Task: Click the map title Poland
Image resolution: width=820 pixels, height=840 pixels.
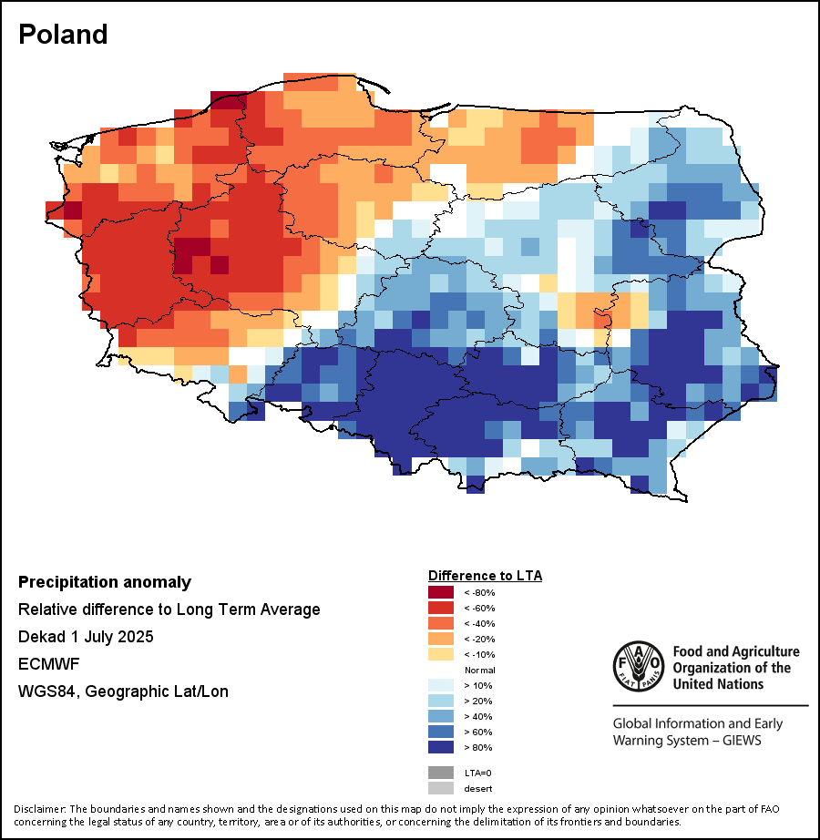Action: point(63,35)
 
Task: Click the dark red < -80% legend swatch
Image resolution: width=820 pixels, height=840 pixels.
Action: point(441,593)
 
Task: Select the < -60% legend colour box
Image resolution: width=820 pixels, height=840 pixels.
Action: point(441,609)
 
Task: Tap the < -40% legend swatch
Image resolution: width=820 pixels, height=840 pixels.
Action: point(441,624)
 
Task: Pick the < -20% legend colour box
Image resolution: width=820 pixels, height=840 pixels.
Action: point(441,640)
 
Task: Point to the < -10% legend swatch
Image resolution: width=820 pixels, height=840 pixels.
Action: point(441,655)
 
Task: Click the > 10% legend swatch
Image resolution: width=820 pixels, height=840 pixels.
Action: point(441,685)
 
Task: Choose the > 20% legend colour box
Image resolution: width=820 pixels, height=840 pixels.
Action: point(441,701)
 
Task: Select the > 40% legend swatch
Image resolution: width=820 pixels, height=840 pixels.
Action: point(441,716)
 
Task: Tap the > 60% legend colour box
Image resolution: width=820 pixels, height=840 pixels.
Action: point(441,732)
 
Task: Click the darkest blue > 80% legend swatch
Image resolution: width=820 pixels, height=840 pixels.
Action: point(441,747)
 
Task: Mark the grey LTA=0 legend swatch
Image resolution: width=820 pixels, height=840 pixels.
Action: point(441,773)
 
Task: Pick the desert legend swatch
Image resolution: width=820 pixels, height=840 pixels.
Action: point(441,788)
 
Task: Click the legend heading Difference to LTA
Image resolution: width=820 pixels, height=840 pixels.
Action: point(485,576)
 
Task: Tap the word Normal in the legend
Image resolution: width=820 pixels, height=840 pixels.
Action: point(479,671)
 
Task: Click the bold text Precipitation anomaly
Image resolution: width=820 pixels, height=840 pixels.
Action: point(105,582)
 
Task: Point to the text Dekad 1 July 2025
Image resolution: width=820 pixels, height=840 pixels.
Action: point(86,637)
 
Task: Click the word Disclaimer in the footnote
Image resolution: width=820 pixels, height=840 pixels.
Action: point(38,809)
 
